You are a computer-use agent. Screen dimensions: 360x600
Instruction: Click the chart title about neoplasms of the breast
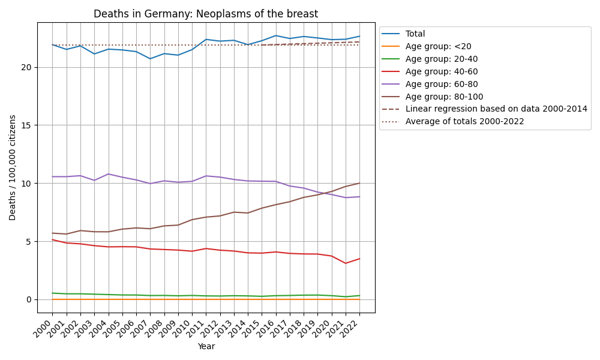click(x=206, y=14)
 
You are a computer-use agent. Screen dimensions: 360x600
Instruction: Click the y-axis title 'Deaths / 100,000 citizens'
click(x=13, y=167)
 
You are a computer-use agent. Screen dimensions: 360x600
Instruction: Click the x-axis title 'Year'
click(x=206, y=346)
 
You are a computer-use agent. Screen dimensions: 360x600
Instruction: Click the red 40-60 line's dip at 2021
click(x=346, y=263)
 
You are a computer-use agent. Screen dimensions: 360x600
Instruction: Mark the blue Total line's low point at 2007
click(x=150, y=58)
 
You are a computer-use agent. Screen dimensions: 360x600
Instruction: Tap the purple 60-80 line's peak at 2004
click(x=109, y=174)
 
